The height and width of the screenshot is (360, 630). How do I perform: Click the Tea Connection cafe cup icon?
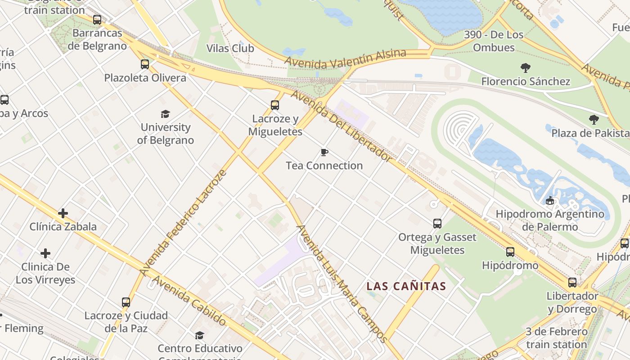coord(324,153)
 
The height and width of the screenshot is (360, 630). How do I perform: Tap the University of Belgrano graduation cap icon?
coord(165,114)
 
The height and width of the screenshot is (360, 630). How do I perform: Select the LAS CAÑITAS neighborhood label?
coord(406,286)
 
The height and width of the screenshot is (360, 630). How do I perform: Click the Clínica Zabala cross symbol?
coord(63,213)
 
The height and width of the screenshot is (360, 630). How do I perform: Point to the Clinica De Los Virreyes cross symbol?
coord(45,253)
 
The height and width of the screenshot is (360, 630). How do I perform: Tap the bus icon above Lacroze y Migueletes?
coord(275,105)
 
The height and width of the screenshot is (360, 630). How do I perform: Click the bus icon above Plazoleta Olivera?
coord(145,64)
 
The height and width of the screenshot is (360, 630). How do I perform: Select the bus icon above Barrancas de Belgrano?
coord(97,20)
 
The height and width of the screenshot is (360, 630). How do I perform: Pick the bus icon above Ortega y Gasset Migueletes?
coord(437,223)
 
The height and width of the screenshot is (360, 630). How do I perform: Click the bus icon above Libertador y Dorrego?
coord(572,283)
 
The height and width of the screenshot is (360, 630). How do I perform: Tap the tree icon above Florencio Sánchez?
coord(525,68)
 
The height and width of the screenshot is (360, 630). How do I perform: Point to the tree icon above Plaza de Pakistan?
coord(594,120)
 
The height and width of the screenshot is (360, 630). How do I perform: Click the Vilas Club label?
coord(230,49)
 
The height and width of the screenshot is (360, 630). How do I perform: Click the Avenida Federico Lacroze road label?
coord(182,223)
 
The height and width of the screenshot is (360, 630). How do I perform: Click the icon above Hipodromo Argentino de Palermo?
coord(549,200)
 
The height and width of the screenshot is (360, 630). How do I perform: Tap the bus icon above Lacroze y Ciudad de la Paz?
coord(126,302)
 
